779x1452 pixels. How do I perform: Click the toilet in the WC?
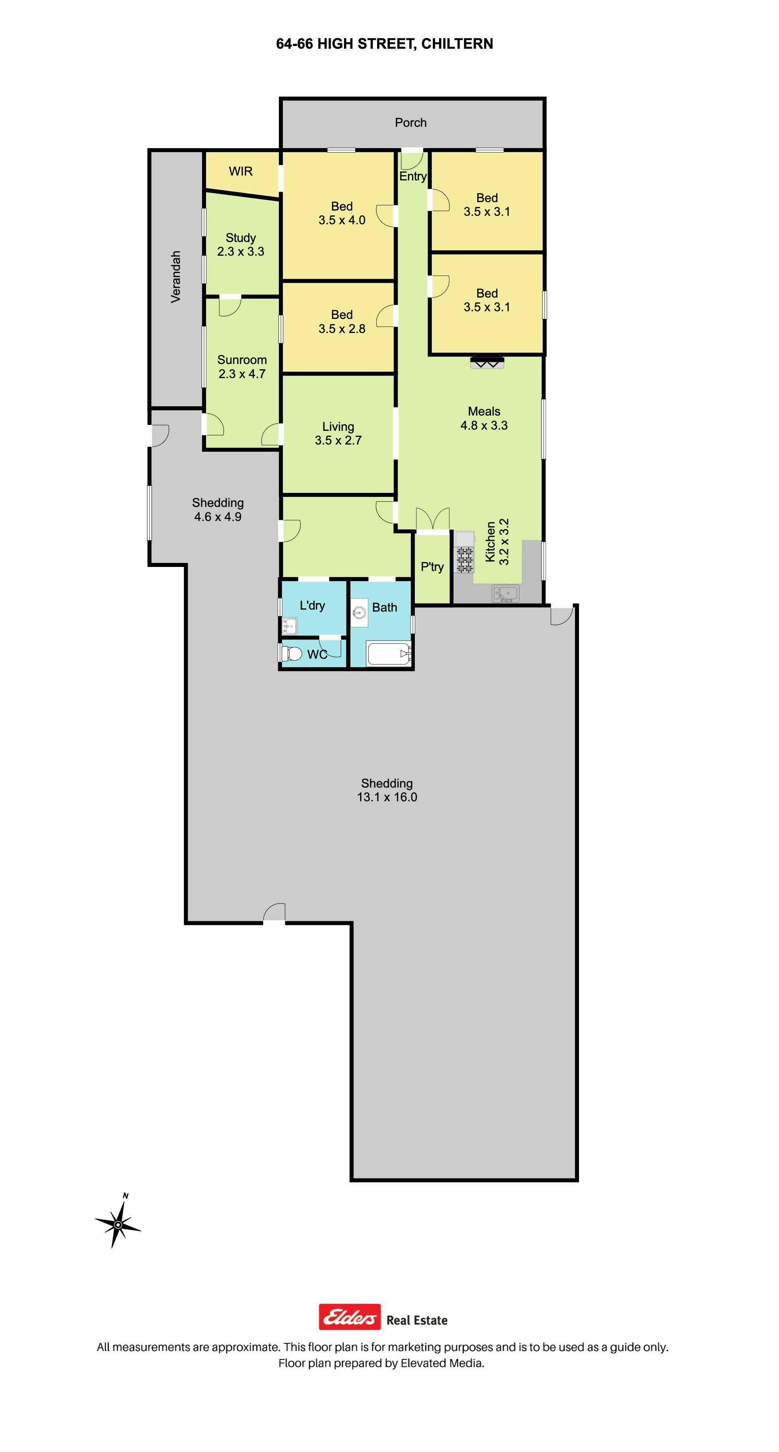pyautogui.click(x=292, y=653)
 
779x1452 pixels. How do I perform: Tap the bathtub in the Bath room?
pyautogui.click(x=388, y=654)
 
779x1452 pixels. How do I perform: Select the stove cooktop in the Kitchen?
pyautogui.click(x=465, y=560)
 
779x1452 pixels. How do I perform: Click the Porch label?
pyautogui.click(x=410, y=122)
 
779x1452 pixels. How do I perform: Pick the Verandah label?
pyautogui.click(x=176, y=277)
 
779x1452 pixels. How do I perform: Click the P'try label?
pyautogui.click(x=432, y=567)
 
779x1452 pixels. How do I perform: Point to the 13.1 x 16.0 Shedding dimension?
pyautogui.click(x=387, y=797)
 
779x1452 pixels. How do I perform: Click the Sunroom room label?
pyautogui.click(x=242, y=360)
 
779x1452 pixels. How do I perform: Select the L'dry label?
pyautogui.click(x=312, y=605)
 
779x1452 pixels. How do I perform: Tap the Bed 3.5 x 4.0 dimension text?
pyautogui.click(x=342, y=220)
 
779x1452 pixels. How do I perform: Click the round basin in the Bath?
pyautogui.click(x=359, y=612)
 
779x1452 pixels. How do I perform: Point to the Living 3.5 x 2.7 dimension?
pyautogui.click(x=338, y=440)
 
